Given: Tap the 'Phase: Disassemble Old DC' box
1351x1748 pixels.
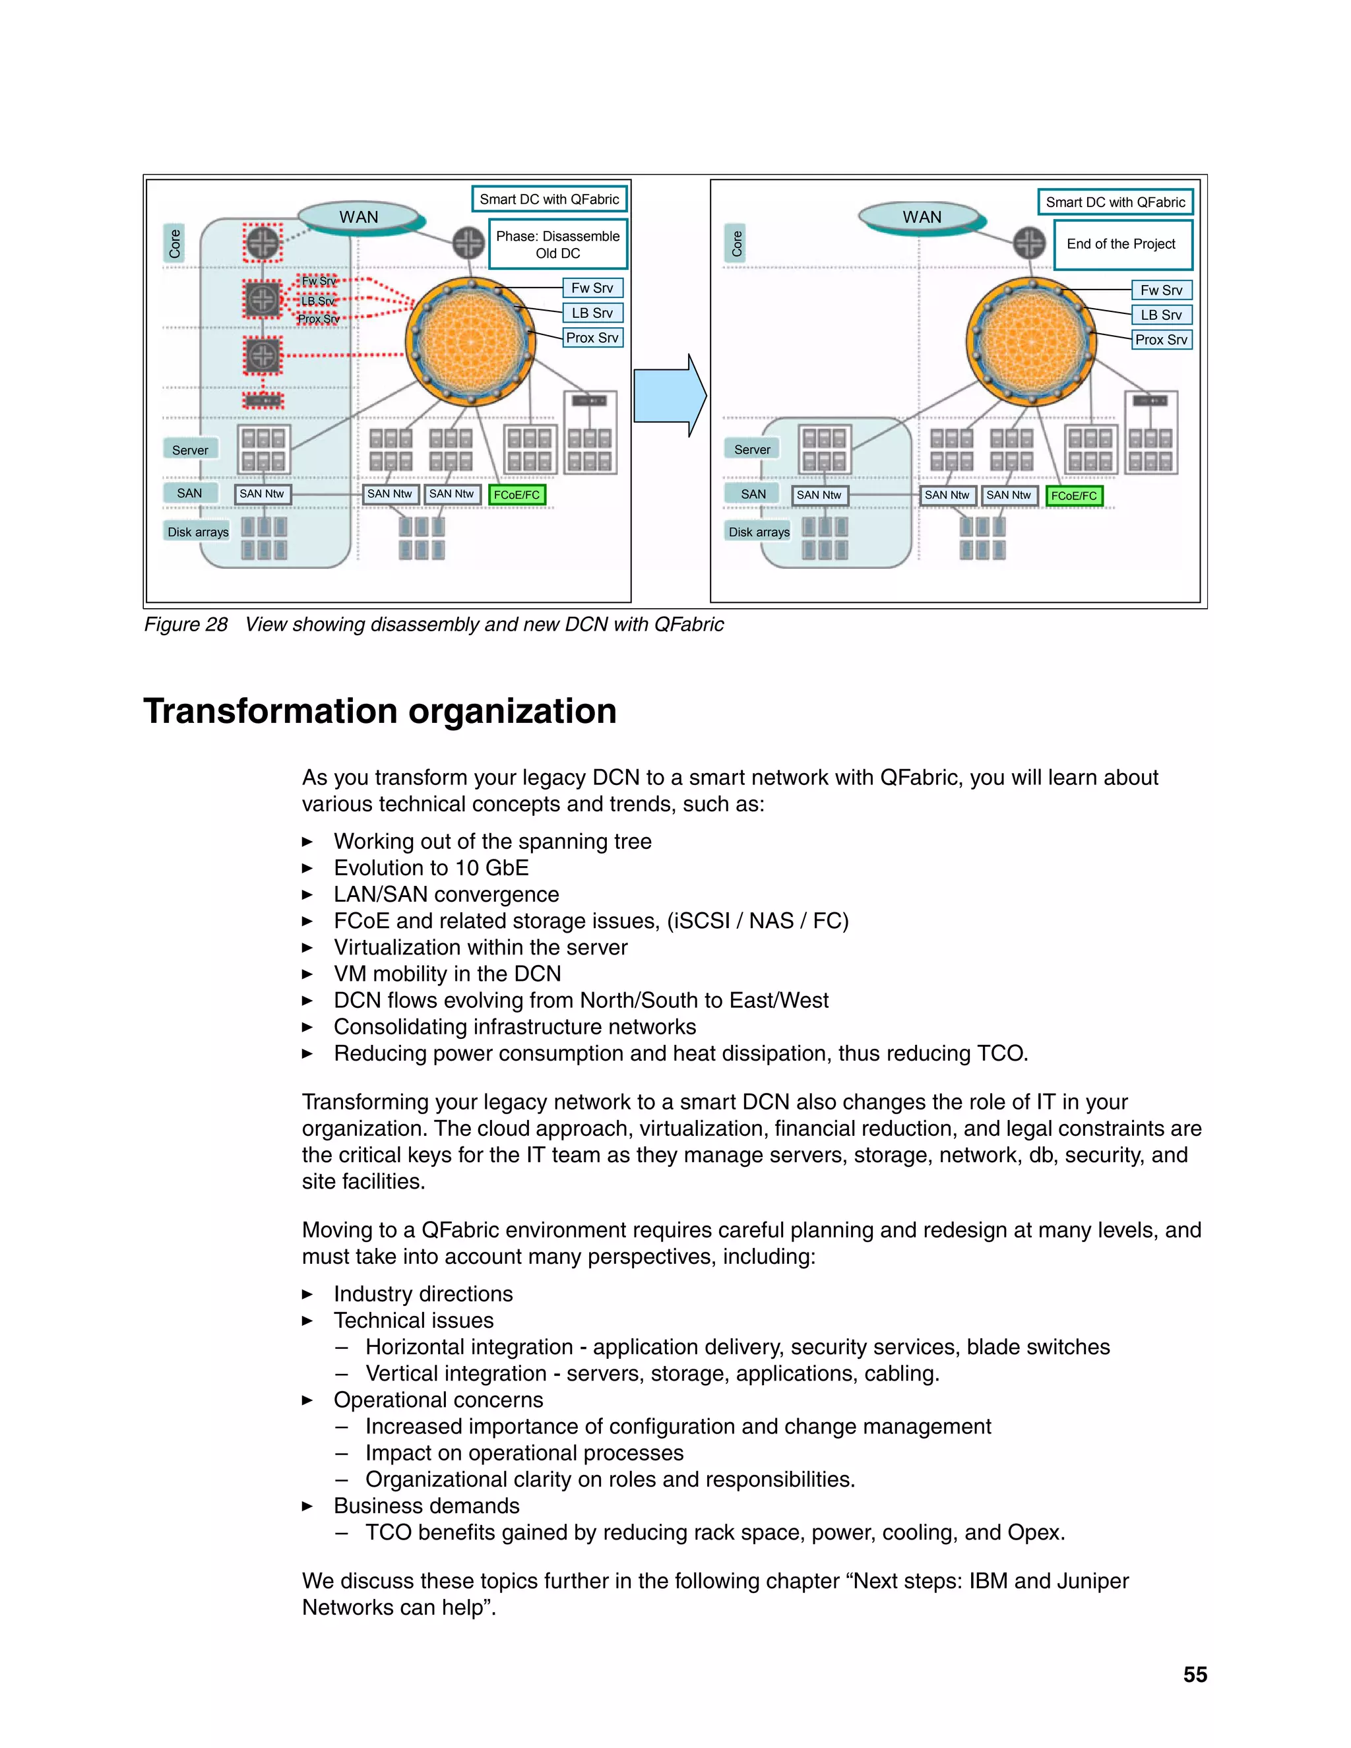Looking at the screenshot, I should [x=558, y=244].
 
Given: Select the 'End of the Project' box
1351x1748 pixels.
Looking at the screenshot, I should [x=1121, y=244].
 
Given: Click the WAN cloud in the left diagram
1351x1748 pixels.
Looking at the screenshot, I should [x=359, y=217].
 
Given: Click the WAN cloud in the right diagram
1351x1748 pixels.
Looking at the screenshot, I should [x=921, y=217].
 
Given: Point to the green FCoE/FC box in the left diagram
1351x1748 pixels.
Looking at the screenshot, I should [x=517, y=495].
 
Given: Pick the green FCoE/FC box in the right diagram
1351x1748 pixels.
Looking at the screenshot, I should [x=1074, y=495].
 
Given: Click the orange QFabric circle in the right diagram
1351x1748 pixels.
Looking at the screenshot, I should [x=1031, y=342].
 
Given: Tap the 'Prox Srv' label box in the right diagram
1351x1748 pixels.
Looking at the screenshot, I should [x=1161, y=339].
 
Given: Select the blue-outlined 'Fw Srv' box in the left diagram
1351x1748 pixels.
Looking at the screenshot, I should [x=592, y=288].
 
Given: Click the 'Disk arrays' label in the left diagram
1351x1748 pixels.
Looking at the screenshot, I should [x=198, y=532].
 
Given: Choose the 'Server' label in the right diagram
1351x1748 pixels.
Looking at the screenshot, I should [x=752, y=450].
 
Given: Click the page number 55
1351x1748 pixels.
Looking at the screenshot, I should [x=1195, y=1674].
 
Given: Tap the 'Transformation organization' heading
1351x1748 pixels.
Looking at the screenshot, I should [x=380, y=710].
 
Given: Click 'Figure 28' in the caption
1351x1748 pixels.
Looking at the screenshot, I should [x=185, y=624].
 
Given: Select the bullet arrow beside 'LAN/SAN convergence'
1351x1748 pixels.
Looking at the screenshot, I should [x=307, y=895].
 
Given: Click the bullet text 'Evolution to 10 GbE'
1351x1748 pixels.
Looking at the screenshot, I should [x=431, y=867].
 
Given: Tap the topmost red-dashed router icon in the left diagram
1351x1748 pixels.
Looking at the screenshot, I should [x=263, y=243].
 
